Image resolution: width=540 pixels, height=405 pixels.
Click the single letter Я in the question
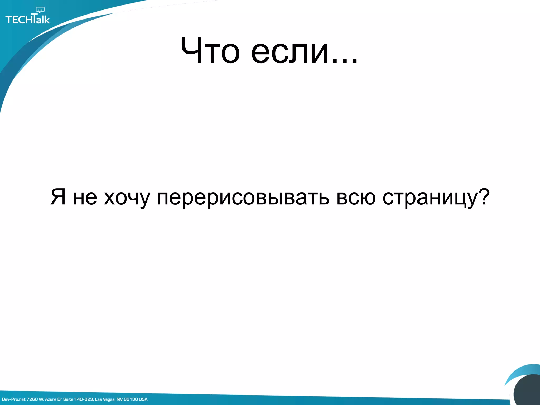click(x=58, y=197)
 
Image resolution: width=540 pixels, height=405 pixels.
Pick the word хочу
click(x=127, y=198)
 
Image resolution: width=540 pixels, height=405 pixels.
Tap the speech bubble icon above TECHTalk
click(x=40, y=10)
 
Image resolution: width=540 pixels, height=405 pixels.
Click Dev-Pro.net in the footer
click(x=14, y=399)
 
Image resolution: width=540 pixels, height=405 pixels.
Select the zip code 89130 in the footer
click(x=131, y=399)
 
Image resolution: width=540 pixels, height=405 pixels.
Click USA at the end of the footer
click(x=143, y=399)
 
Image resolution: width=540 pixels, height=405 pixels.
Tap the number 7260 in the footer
click(x=32, y=399)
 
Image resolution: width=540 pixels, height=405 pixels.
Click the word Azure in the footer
click(x=51, y=399)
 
